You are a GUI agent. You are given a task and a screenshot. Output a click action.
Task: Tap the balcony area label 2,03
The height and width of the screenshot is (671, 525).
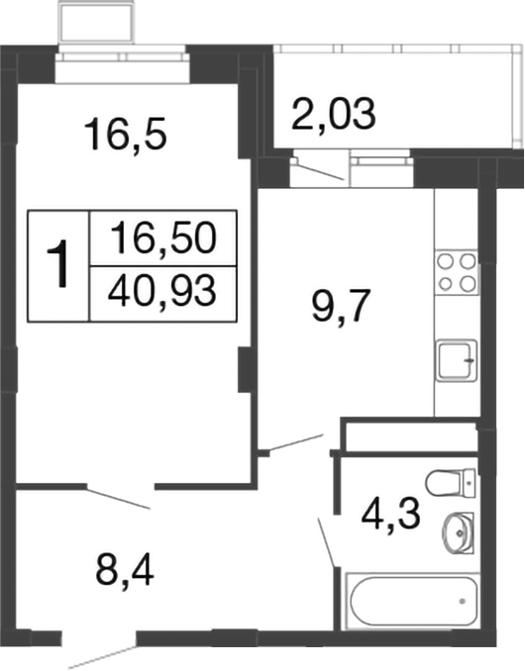pos(334,115)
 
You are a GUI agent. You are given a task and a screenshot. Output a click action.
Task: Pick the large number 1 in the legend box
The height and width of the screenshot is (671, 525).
pos(59,265)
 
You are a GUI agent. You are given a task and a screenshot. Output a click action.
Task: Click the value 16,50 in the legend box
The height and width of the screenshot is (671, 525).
pos(163,239)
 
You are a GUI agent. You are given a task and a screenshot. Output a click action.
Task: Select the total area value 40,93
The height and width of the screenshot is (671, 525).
pos(163,292)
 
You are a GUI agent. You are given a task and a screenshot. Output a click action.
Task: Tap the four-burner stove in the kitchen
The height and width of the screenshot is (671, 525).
pos(456,272)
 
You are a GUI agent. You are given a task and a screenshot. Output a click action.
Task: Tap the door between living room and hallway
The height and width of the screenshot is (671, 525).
pos(119,497)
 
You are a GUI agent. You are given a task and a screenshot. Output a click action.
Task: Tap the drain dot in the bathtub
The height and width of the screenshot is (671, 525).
pos(463,600)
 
